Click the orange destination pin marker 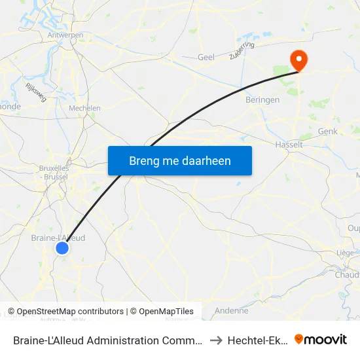pos(298,61)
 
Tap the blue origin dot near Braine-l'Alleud pos(62,247)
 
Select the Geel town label pos(206,58)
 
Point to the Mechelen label pos(84,108)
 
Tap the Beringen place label pos(262,100)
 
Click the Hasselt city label pos(289,144)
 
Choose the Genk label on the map pos(327,131)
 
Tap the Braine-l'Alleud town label pos(58,238)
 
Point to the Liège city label pos(344,253)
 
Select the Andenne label pos(232,311)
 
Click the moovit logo pos(321,340)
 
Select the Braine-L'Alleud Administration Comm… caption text pos(107,340)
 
